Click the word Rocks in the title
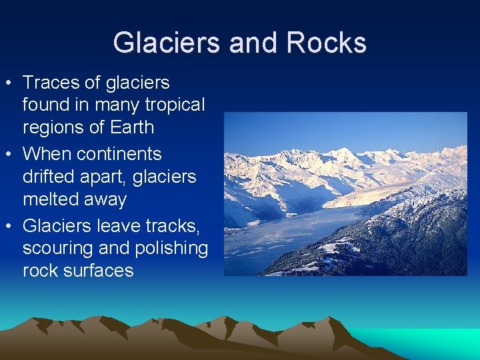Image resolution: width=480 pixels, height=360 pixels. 327,43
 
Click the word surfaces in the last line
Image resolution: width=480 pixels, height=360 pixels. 97,271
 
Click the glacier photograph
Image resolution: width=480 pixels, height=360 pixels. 345,193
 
